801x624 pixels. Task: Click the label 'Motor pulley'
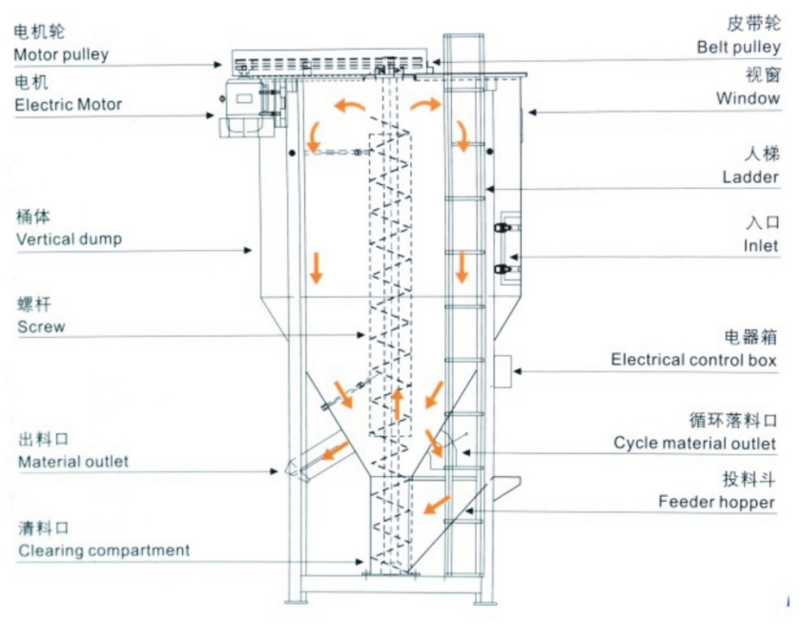click(x=61, y=54)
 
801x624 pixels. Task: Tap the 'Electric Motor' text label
click(x=68, y=104)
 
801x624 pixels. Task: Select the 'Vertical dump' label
click(x=69, y=239)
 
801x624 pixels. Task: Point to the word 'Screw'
click(x=41, y=327)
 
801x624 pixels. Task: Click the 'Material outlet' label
click(x=73, y=462)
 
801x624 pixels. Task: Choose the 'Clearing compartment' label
click(x=103, y=551)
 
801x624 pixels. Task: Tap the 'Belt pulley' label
click(x=738, y=46)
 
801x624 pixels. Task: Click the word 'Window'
click(x=748, y=97)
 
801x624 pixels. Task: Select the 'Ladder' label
click(x=750, y=177)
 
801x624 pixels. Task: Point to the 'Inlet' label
click(x=761, y=245)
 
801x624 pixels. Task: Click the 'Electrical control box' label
click(x=694, y=360)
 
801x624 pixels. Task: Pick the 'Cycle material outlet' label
click(x=696, y=443)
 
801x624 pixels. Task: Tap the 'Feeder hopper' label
click(x=716, y=502)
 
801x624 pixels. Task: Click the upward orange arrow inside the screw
click(x=397, y=404)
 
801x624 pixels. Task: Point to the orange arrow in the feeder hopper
click(x=439, y=502)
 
